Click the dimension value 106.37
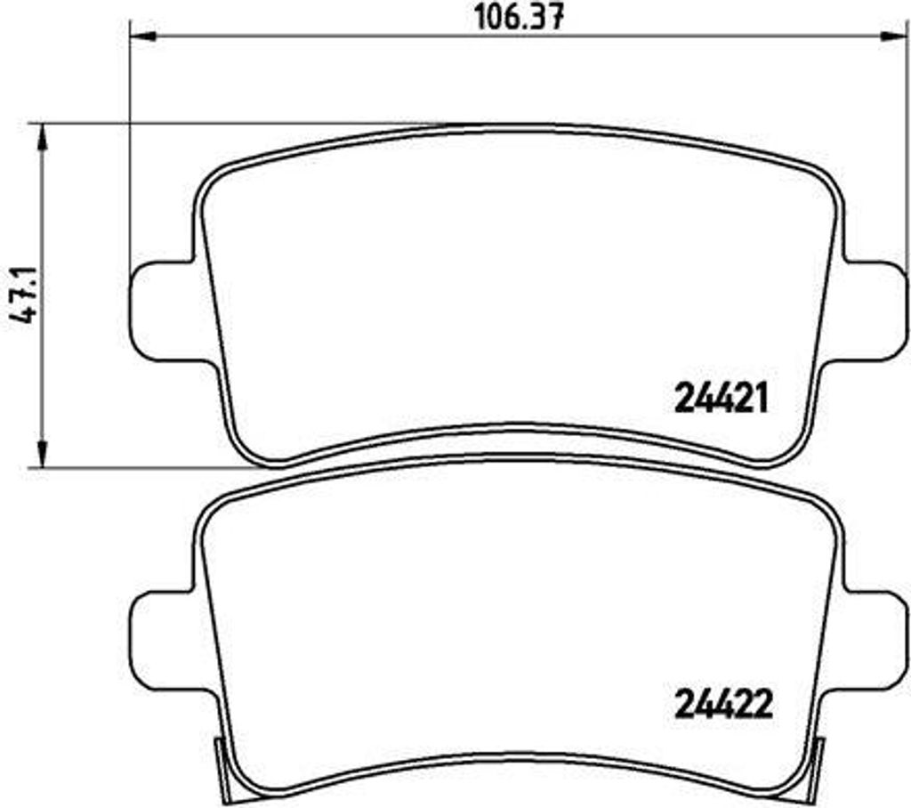(520, 17)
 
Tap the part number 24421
(721, 398)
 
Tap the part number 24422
(723, 704)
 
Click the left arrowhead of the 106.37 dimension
(143, 36)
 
